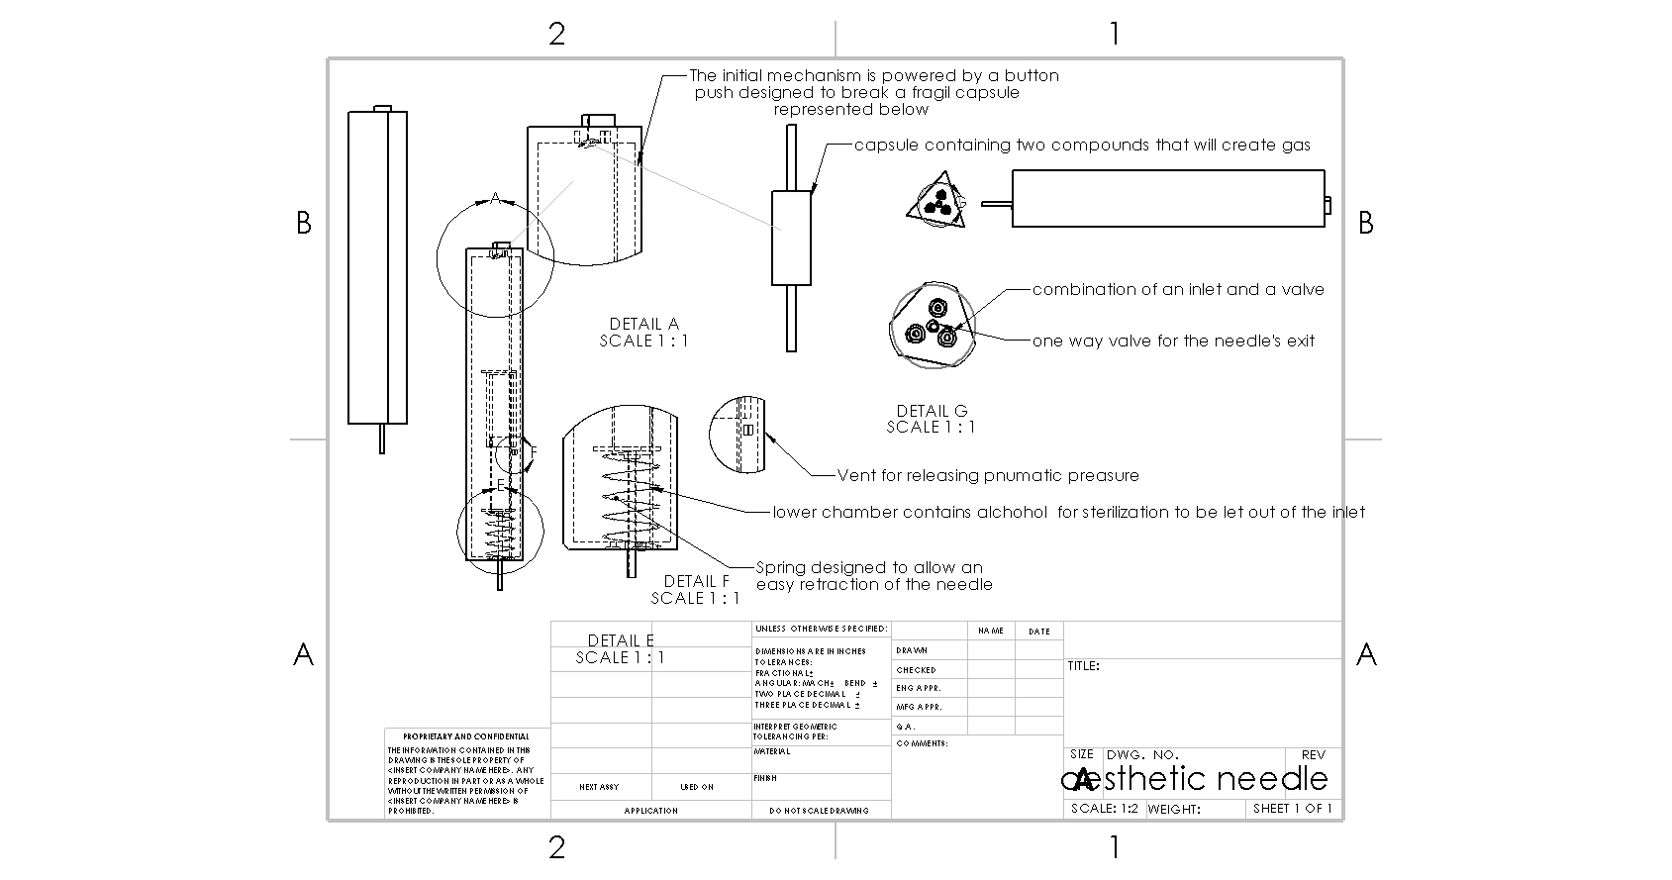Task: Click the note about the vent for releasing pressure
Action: pos(988,475)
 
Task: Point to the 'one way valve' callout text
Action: pos(1173,341)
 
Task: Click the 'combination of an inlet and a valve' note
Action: pos(1178,289)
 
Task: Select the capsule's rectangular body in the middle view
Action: pos(791,238)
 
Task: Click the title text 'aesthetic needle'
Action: pos(1195,778)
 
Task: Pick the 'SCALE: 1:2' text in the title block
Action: pos(1105,809)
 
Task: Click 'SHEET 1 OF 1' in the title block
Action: pos(1292,809)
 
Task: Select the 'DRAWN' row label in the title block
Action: pos(912,650)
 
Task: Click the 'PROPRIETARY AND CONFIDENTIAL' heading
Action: pos(465,736)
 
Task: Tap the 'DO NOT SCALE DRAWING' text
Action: pos(819,810)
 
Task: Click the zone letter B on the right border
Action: pos(1366,224)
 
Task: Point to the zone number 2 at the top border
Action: pos(557,34)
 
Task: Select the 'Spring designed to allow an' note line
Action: pos(869,567)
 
